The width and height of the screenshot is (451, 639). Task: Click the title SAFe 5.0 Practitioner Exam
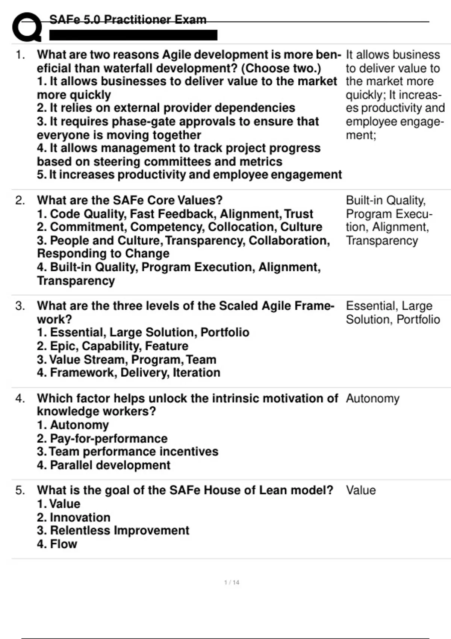[x=128, y=20]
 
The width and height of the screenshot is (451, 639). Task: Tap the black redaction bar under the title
[x=133, y=35]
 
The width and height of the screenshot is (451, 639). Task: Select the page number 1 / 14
[x=232, y=582]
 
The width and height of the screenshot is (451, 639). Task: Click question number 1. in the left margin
[x=20, y=55]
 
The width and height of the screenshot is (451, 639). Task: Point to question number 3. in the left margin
[x=20, y=306]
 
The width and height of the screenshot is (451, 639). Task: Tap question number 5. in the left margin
[x=20, y=490]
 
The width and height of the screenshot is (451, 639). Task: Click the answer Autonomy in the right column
[x=372, y=398]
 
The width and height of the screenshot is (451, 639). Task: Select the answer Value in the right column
[x=360, y=490]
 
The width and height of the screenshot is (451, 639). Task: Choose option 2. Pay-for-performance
[x=102, y=438]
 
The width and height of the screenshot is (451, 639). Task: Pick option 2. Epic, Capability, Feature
[x=112, y=346]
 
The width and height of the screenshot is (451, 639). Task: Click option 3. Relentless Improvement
[x=113, y=530]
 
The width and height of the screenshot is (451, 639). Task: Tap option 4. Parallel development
[x=104, y=465]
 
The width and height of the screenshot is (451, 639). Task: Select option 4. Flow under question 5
[x=57, y=544]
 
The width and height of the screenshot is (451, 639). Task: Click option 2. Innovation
[x=74, y=517]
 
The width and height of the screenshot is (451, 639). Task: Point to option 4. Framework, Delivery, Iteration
[x=129, y=372]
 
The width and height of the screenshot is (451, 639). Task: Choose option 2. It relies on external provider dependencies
[x=166, y=108]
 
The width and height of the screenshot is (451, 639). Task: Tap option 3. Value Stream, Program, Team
[x=127, y=359]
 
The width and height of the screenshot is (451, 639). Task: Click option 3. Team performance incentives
[x=127, y=451]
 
